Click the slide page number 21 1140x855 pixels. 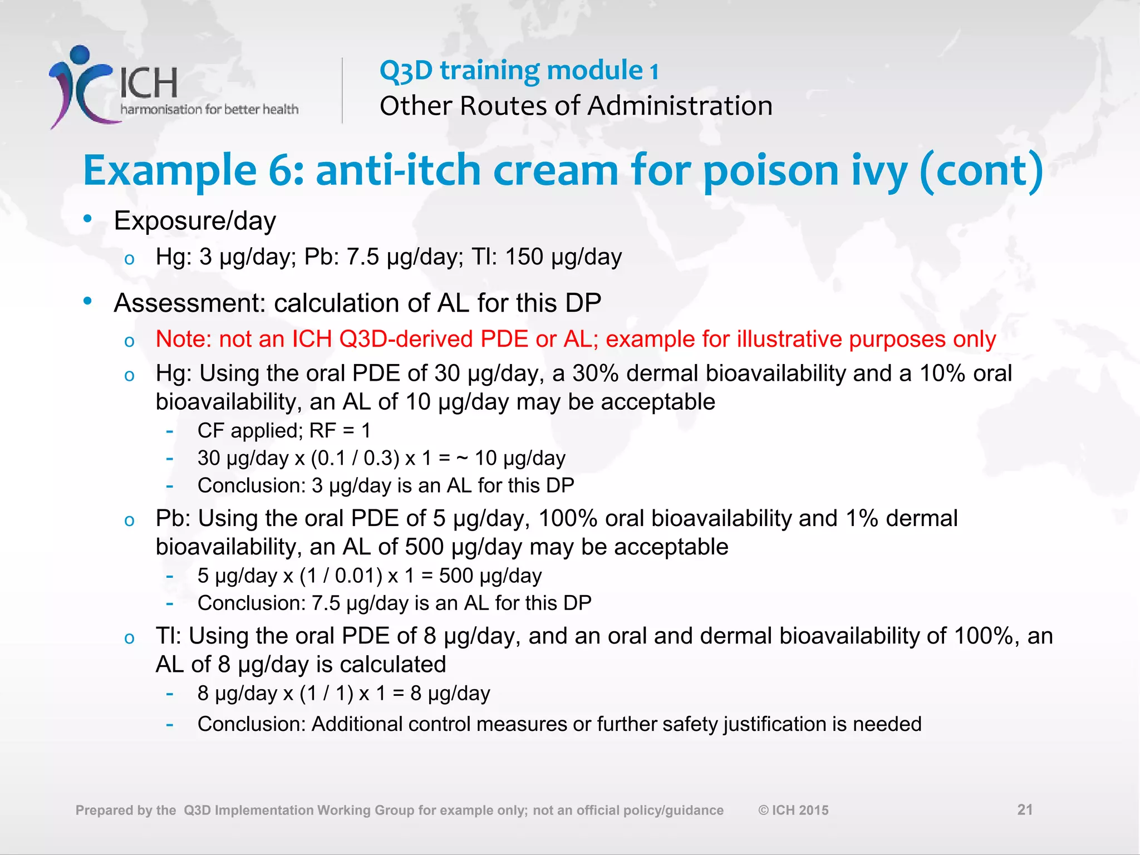tap(1025, 809)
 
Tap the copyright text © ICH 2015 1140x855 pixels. tap(793, 810)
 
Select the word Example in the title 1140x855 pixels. tap(170, 171)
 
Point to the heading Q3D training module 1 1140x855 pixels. tap(519, 71)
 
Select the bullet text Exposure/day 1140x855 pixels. tap(195, 221)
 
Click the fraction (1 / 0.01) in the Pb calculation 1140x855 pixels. tap(341, 576)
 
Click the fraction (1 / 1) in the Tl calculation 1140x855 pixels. tap(327, 693)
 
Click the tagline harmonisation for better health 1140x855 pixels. tap(209, 109)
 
